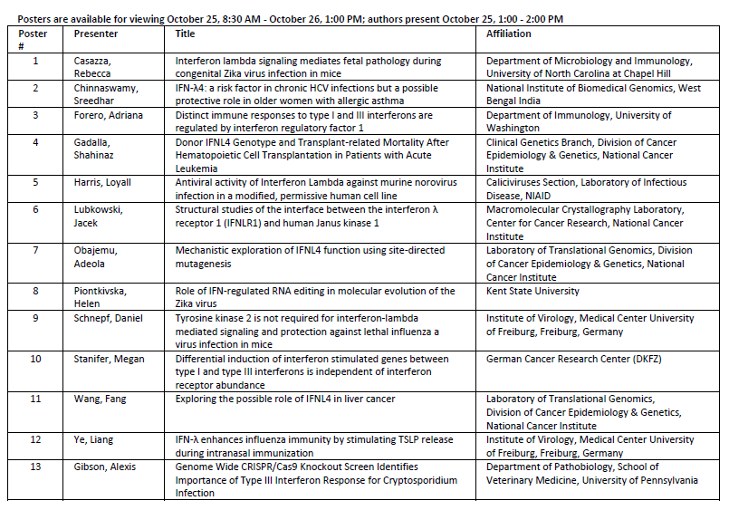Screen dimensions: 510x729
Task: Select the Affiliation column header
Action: (x=509, y=34)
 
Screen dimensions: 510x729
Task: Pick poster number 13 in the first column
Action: (x=35, y=467)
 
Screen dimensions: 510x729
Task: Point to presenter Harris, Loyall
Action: (x=102, y=182)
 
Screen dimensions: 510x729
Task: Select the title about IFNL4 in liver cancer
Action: (x=285, y=399)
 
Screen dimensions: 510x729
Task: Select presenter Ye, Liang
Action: (x=94, y=439)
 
